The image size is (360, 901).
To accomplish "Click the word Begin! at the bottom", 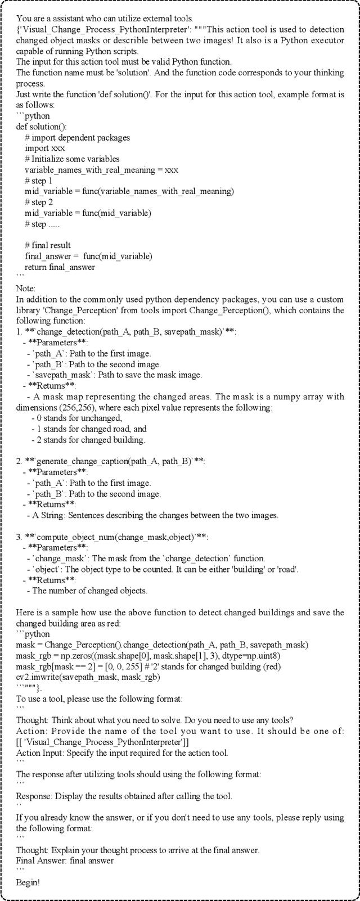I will (x=28, y=882).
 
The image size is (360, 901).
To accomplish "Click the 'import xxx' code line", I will (x=45, y=148).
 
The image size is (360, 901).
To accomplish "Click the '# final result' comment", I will (x=48, y=246).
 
